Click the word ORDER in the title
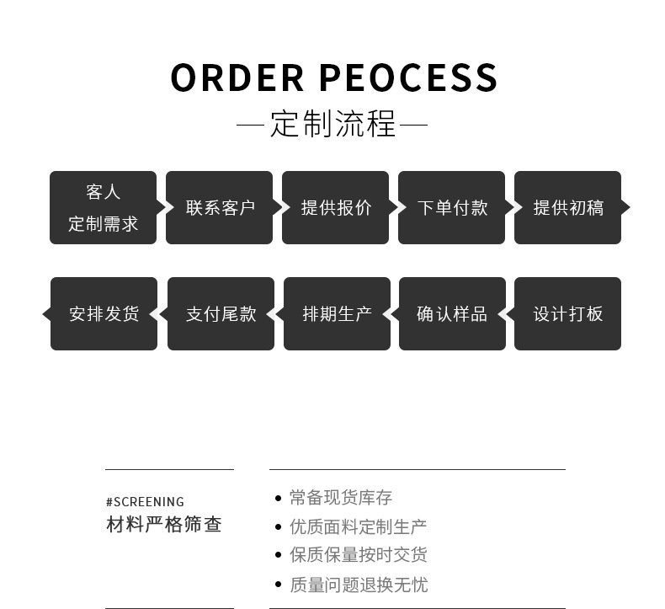click(237, 78)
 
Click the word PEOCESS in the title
click(409, 78)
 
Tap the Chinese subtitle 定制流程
click(332, 125)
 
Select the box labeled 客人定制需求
click(103, 208)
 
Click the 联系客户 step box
click(219, 208)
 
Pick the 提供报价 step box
click(335, 208)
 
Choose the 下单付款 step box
click(451, 208)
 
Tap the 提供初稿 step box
click(567, 208)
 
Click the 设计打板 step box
click(568, 314)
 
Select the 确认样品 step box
click(452, 314)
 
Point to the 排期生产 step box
click(337, 314)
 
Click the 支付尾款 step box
click(221, 314)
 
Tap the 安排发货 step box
click(104, 314)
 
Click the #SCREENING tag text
click(145, 502)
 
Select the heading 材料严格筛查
click(164, 525)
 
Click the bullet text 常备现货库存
click(341, 498)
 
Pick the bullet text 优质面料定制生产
click(358, 526)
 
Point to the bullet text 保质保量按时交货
click(358, 555)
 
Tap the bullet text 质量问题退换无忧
click(358, 585)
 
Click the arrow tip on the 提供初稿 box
click(626, 207)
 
